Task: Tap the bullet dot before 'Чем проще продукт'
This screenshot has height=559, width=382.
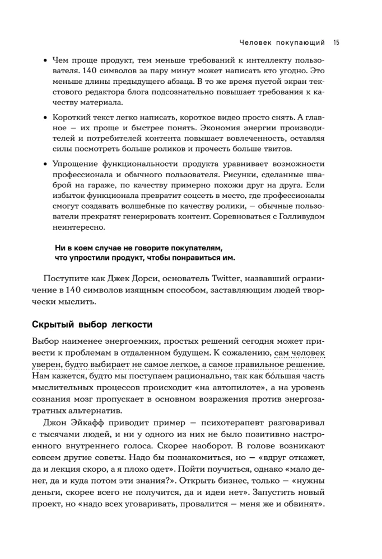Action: point(45,60)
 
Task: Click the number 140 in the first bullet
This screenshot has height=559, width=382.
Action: point(90,72)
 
